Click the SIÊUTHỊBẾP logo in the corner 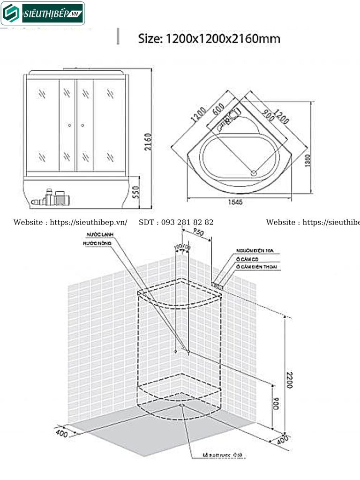43,14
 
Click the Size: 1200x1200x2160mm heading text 209,38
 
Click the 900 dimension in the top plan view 268,115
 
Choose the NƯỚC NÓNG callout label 98,244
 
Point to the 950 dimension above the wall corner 198,232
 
